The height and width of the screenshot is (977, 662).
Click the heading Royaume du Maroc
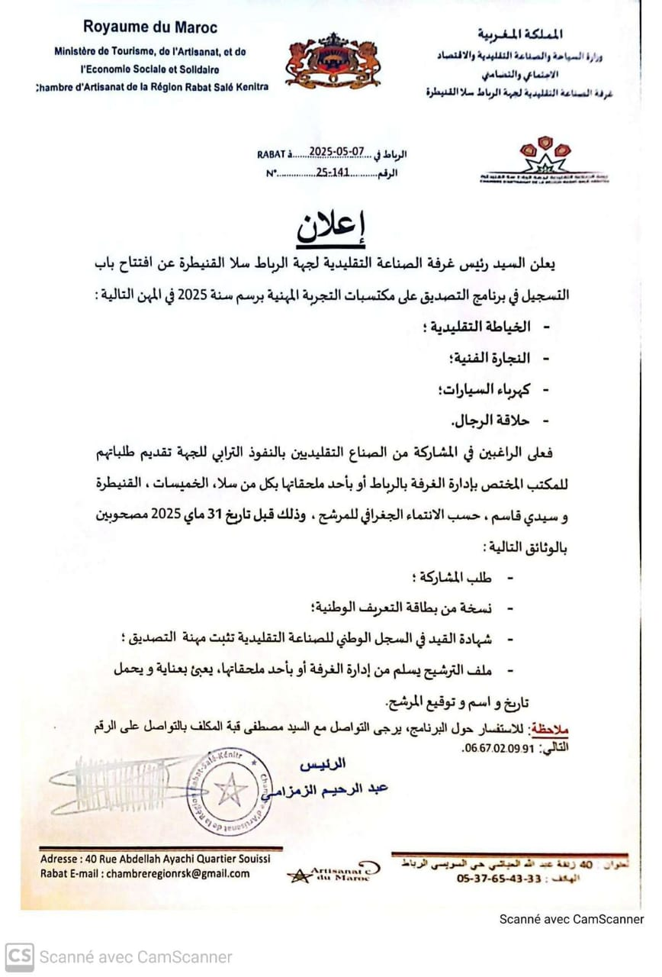[150, 27]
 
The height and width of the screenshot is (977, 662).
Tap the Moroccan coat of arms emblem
[333, 61]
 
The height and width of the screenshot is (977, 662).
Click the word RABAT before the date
[273, 154]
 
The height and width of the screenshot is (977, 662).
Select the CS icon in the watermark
[19, 956]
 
